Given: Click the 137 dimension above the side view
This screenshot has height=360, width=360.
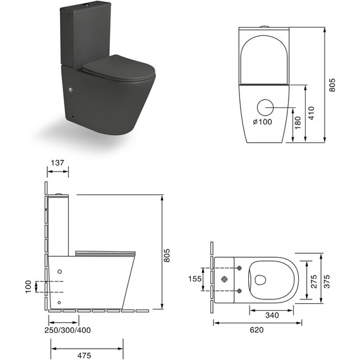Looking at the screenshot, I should (x=57, y=163).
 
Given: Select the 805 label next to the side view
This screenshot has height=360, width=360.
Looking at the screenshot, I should (x=167, y=253).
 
